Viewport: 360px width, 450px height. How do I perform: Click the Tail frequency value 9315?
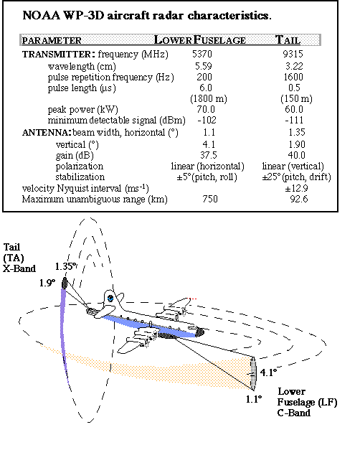[293, 54]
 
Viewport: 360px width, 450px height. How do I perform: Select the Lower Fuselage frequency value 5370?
[202, 54]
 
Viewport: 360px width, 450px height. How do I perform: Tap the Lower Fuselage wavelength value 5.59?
[204, 66]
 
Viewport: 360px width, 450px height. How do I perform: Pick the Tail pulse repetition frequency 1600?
[293, 77]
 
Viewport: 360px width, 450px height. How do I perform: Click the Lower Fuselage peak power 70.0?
[206, 109]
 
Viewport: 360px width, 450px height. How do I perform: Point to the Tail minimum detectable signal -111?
[294, 121]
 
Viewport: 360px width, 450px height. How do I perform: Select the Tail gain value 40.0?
[296, 155]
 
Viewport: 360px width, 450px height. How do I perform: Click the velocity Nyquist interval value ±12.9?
[296, 188]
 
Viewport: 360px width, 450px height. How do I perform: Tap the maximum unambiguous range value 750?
[210, 200]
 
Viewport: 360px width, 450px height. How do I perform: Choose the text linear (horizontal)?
[208, 167]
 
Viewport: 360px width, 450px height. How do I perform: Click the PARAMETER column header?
[52, 40]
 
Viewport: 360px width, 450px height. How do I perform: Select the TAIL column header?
[288, 39]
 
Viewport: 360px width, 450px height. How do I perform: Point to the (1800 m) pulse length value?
[209, 99]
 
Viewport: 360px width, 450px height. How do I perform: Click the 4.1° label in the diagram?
[268, 372]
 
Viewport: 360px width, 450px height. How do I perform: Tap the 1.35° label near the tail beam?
[66, 266]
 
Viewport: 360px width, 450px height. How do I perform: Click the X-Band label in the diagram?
[19, 268]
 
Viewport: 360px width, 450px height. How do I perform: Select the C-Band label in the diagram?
[294, 413]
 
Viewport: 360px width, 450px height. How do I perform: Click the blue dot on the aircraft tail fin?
[110, 299]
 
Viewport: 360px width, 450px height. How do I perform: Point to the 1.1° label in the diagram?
[254, 399]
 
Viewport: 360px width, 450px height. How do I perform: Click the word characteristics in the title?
[229, 15]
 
